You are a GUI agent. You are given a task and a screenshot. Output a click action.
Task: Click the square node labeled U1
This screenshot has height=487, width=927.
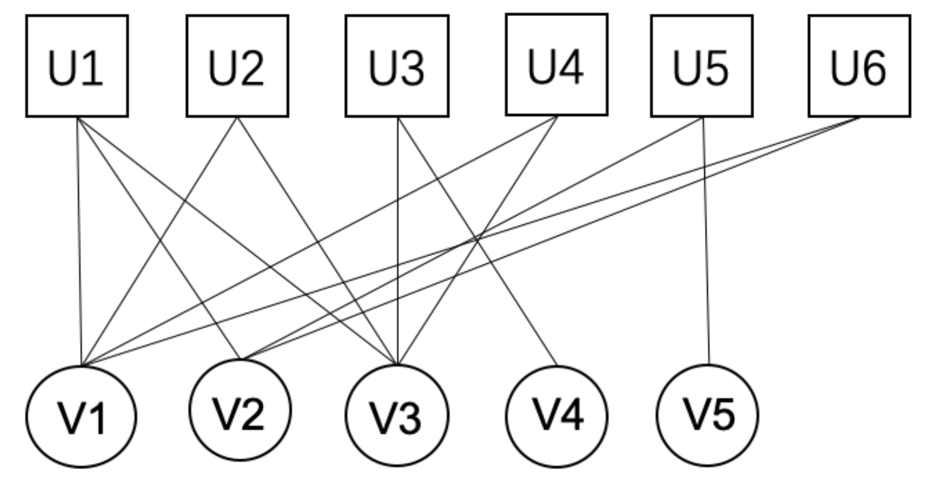coord(77,66)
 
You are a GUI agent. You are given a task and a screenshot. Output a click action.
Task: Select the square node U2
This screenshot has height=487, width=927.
coord(237,66)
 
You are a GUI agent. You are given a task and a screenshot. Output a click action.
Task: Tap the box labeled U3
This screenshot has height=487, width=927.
coord(397,66)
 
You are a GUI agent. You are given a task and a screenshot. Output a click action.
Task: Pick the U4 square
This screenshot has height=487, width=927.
coord(556,64)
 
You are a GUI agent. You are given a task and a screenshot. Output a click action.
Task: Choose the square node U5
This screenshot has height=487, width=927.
coord(702,66)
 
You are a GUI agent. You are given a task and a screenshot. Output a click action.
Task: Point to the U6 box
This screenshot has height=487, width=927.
coord(859,66)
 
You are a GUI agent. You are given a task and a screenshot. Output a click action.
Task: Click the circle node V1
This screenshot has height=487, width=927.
coord(81,417)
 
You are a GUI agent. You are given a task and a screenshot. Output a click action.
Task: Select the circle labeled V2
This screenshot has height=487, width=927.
coord(240,410)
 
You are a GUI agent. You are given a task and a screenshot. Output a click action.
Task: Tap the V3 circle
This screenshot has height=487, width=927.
coord(397,416)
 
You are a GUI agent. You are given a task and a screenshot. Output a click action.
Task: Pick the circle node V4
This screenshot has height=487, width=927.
coord(556,416)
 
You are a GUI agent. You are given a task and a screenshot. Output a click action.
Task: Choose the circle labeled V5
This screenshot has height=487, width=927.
coord(707,415)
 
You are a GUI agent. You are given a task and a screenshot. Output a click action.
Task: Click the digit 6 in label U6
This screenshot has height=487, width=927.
coord(874,68)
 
